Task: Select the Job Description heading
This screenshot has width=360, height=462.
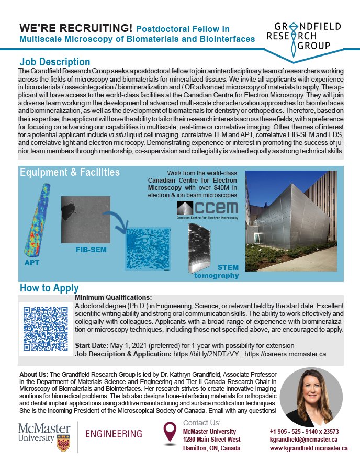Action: point(55,62)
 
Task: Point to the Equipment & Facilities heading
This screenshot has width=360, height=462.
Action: point(70,172)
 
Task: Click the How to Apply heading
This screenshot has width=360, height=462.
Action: point(49,288)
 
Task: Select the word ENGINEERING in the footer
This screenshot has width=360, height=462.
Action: point(113,434)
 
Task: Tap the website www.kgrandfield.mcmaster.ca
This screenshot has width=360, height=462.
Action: point(309,448)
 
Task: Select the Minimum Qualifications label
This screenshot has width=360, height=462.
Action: point(109,297)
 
